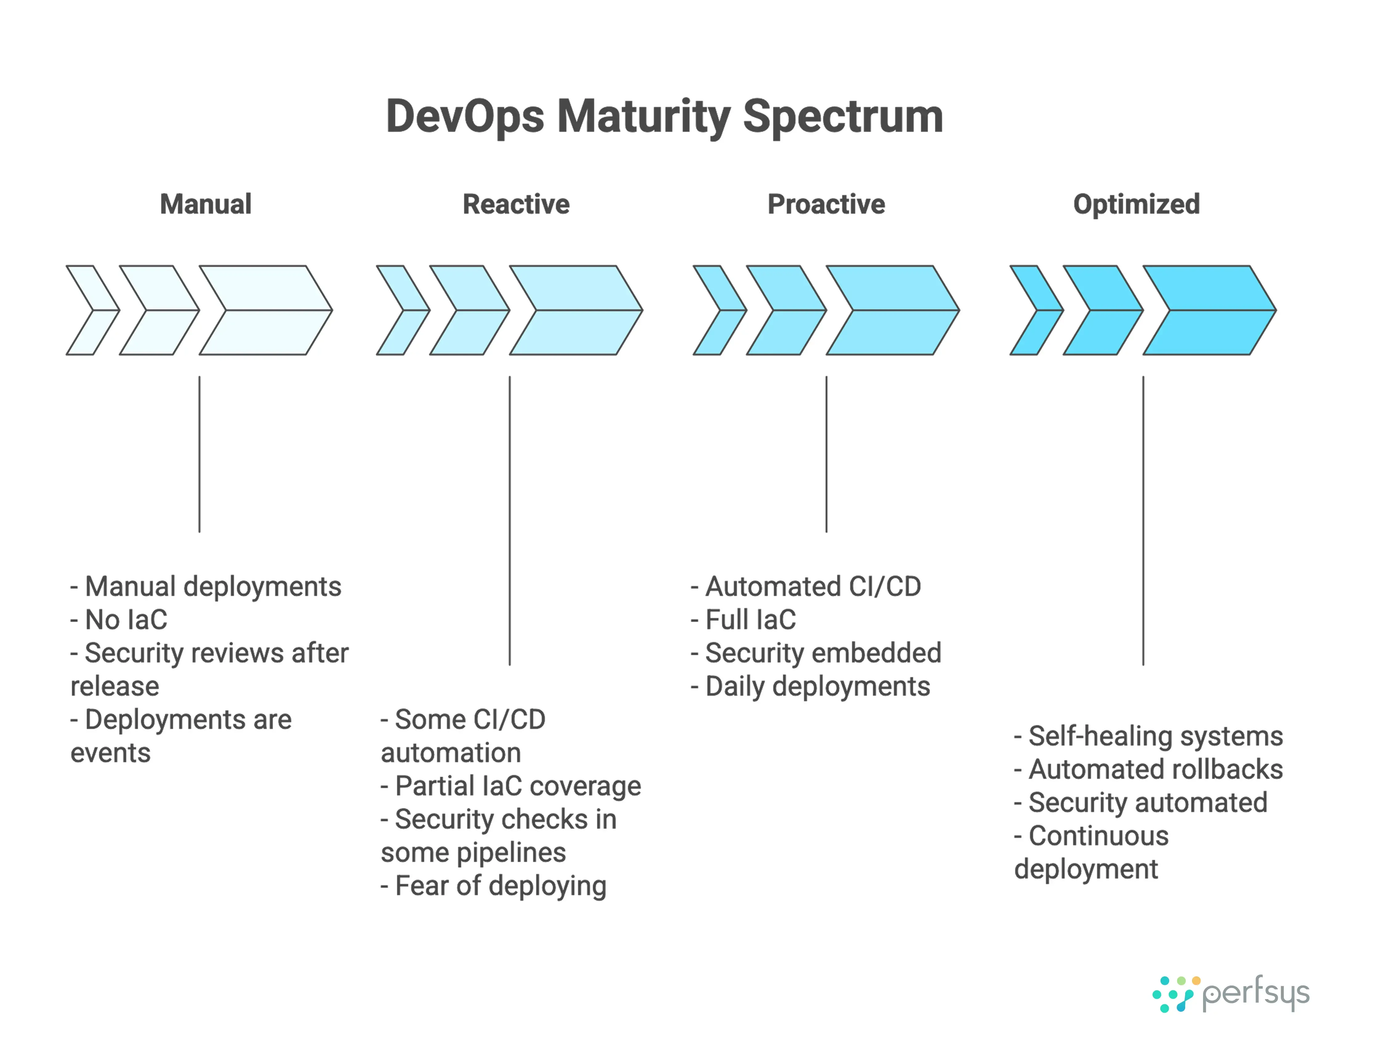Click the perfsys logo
[1230, 994]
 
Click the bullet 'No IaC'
[119, 620]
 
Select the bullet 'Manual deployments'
[206, 586]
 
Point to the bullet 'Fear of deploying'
[494, 886]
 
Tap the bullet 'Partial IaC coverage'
[511, 786]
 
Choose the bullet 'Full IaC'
[744, 620]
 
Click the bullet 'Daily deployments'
[811, 686]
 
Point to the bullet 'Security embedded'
[816, 653]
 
